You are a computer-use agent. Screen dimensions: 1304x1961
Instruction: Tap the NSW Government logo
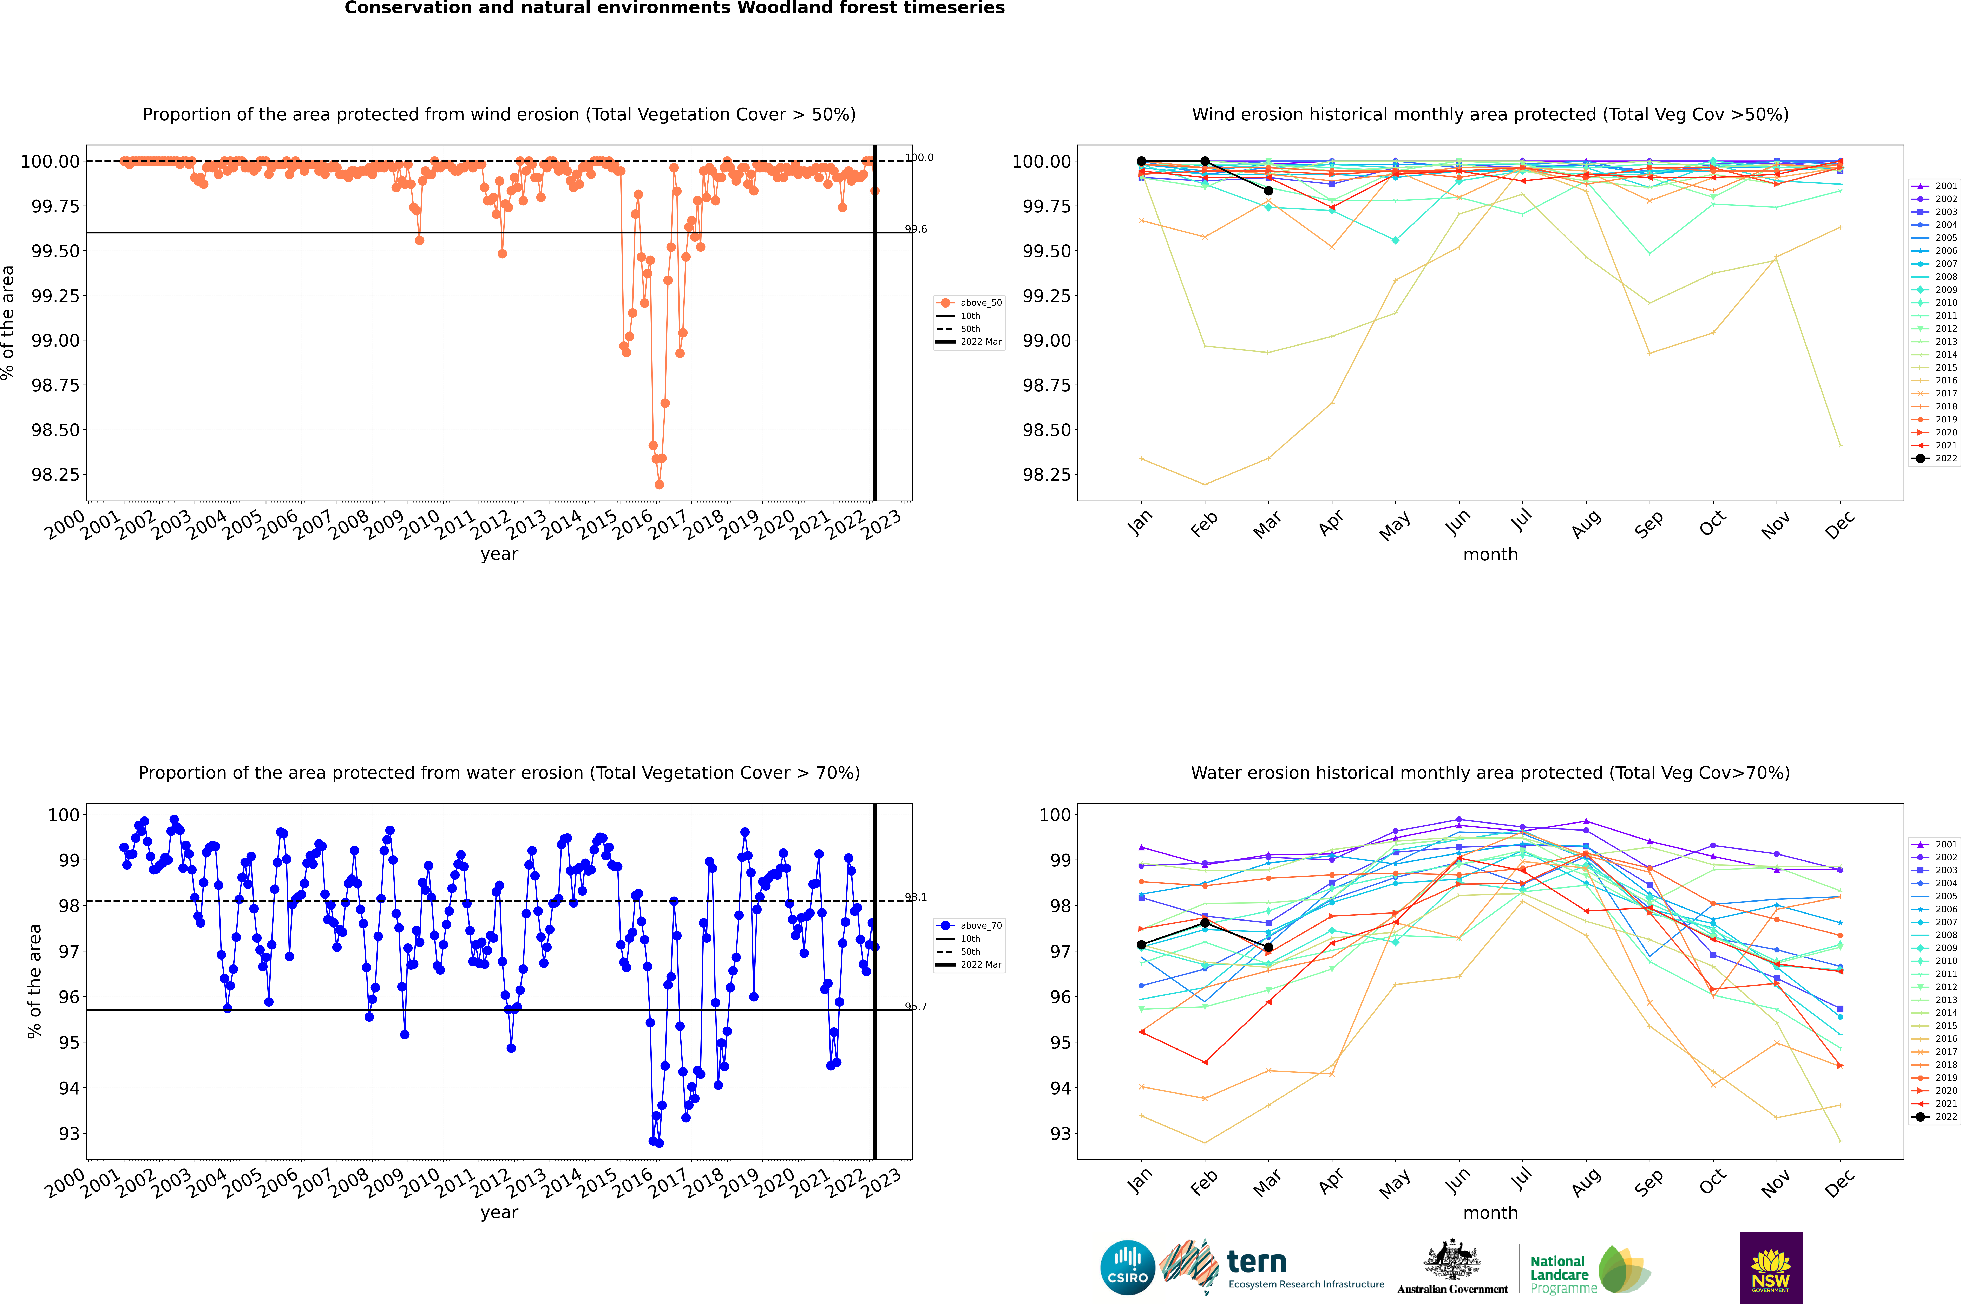coord(1771,1267)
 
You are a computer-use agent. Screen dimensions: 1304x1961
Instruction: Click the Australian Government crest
coord(1451,1263)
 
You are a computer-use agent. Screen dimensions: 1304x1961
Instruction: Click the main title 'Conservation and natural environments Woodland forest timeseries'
coord(674,8)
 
